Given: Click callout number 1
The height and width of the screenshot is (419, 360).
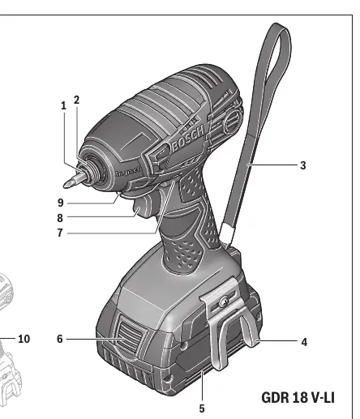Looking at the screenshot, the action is coord(63,105).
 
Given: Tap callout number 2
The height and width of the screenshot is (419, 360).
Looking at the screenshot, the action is coord(77,100).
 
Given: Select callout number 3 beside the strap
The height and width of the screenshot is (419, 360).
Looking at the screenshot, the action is coord(303,165).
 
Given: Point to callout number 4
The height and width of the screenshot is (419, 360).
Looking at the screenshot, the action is coord(304,342).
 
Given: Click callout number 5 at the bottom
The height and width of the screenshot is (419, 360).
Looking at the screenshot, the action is coord(202,408).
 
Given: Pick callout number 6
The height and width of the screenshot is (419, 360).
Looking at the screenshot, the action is coord(60,339).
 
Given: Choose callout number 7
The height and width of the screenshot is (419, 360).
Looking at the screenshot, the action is coord(60,233).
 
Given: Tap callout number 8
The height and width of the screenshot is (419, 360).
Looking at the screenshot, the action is coord(60,218).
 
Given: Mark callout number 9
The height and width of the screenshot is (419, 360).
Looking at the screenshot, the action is coord(61,203).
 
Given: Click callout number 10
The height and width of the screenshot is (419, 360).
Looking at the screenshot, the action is coord(24,339).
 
